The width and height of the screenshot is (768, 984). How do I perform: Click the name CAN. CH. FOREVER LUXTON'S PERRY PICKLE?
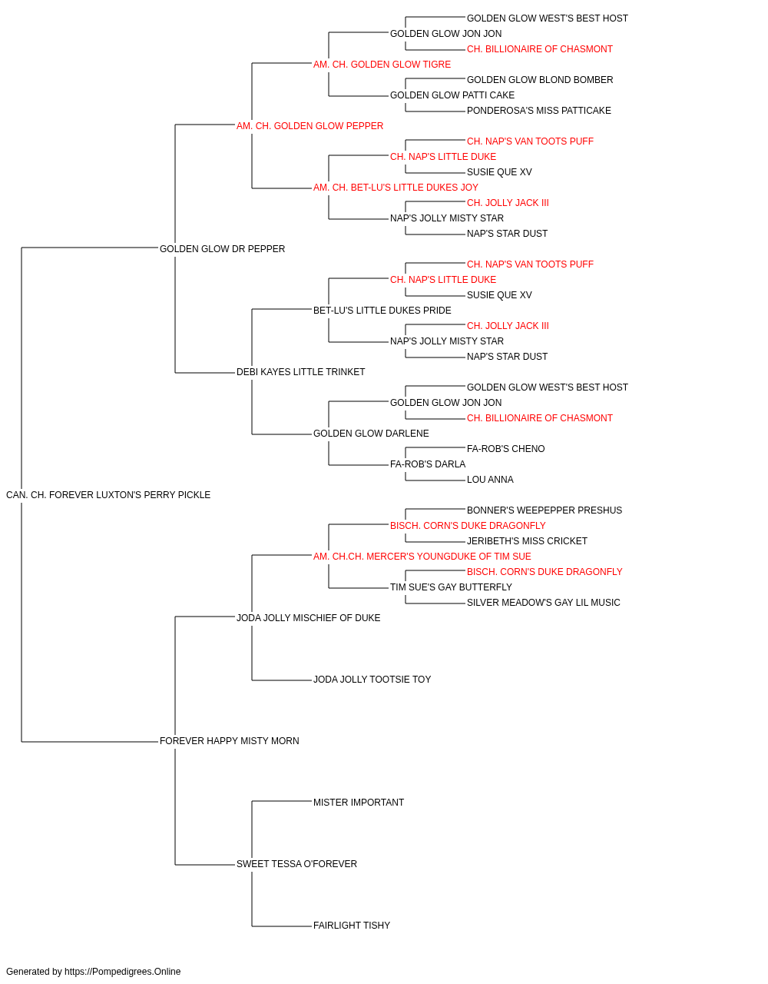[108, 495]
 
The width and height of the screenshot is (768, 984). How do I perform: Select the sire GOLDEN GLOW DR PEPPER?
[222, 249]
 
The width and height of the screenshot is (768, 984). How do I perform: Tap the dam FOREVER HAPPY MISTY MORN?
[230, 741]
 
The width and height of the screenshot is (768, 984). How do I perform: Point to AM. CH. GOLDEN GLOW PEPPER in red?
[310, 126]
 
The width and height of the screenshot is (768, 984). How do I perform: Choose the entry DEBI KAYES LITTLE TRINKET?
[301, 372]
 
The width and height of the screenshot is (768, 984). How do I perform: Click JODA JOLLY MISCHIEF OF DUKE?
[309, 617]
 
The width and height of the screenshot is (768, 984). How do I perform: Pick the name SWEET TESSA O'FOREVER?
[296, 863]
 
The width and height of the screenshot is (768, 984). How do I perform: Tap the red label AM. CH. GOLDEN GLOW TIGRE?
[382, 65]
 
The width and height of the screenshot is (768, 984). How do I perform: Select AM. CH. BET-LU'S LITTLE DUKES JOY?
[396, 188]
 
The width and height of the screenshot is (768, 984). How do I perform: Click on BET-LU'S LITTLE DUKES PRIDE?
[382, 310]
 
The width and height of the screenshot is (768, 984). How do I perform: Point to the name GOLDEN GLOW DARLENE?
[372, 434]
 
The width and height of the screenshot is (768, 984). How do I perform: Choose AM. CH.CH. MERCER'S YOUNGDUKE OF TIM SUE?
[422, 556]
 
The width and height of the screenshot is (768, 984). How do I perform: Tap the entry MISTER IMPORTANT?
[359, 803]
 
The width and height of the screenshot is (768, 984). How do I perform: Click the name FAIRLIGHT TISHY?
[352, 925]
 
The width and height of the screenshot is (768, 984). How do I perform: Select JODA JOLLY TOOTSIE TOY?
[372, 680]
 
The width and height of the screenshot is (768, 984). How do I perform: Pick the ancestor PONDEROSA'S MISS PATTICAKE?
[539, 111]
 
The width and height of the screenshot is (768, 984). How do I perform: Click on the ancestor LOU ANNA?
[490, 480]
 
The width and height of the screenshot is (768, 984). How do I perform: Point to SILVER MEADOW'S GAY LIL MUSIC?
[544, 602]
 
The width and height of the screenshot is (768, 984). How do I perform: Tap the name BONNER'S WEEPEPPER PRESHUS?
[545, 510]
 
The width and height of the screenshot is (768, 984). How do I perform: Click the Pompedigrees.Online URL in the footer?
[123, 972]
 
